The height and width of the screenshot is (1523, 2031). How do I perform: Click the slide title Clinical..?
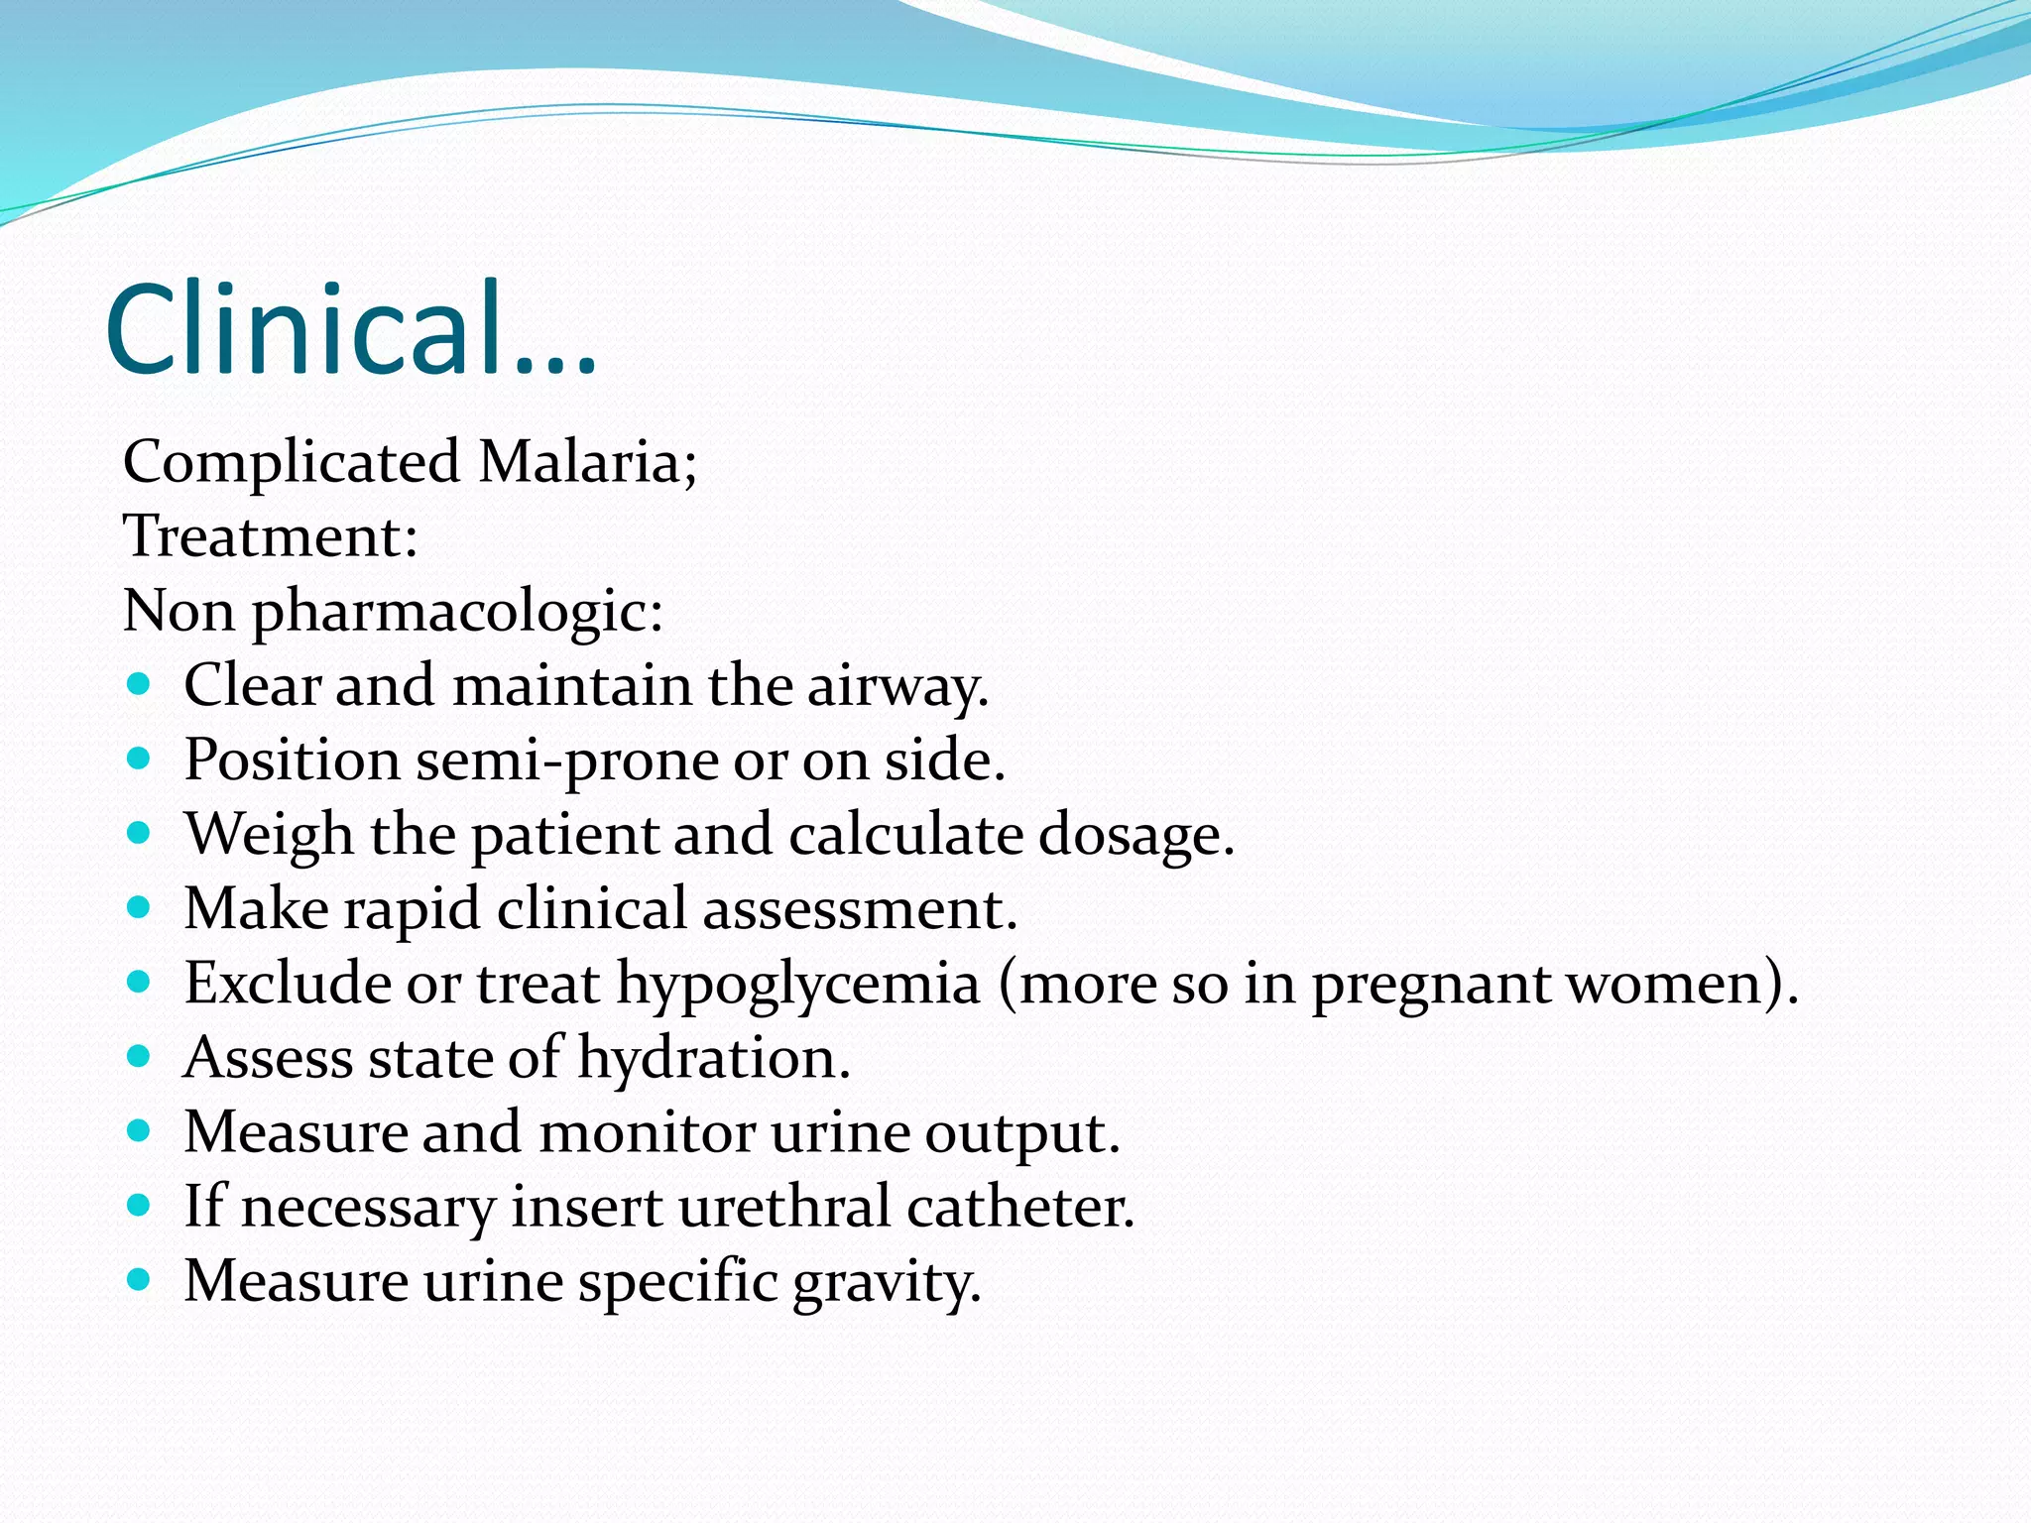[x=349, y=329]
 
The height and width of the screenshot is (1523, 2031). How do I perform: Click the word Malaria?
[x=587, y=462]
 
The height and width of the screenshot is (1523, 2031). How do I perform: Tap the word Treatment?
[x=270, y=536]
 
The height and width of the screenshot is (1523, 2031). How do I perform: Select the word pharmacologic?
[x=457, y=612]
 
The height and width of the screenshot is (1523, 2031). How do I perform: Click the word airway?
[x=896, y=686]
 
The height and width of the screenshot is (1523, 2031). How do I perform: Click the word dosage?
[x=1135, y=835]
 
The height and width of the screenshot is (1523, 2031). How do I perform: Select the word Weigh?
[x=269, y=835]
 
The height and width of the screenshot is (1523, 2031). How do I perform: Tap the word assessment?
[x=859, y=909]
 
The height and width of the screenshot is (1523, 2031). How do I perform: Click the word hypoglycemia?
[x=798, y=985]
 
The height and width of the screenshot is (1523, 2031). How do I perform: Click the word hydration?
[x=713, y=1058]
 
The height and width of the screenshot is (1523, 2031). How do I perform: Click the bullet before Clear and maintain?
[x=139, y=684]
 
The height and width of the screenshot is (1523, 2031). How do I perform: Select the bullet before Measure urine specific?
[x=139, y=1280]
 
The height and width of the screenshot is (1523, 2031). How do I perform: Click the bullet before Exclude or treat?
[x=139, y=983]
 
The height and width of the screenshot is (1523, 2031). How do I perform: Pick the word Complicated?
[x=292, y=462]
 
